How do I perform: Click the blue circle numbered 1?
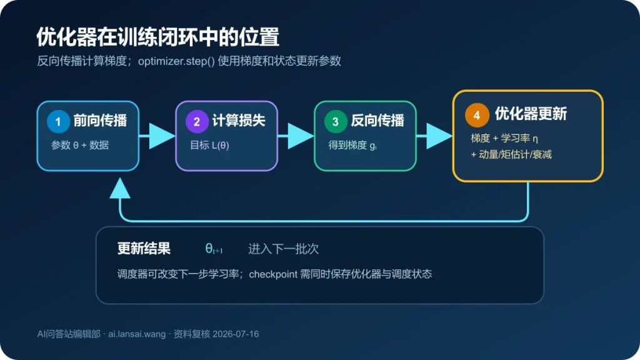[58, 121]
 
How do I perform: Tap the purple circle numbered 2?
[197, 121]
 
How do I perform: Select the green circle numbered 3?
[336, 121]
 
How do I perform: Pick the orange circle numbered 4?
[477, 115]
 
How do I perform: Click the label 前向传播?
[101, 121]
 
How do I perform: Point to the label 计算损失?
[239, 121]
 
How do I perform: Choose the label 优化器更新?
[531, 114]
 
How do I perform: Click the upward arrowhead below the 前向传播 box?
[120, 188]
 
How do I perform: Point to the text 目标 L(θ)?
[209, 145]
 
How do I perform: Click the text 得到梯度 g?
[352, 145]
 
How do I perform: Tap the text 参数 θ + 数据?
[80, 145]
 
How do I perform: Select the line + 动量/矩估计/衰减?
[511, 155]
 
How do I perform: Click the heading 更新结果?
[144, 249]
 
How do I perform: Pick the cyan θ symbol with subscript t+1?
[214, 249]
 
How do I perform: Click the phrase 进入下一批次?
[283, 249]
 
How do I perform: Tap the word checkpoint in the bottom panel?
[273, 274]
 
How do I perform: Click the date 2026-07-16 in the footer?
[236, 334]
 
